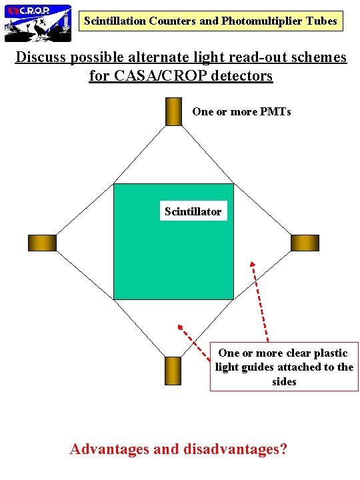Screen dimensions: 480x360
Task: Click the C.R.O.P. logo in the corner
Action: (x=38, y=22)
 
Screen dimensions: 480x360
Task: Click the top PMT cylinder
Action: (x=173, y=111)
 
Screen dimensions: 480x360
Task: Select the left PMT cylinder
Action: (x=42, y=243)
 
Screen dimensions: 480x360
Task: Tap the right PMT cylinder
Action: (x=305, y=243)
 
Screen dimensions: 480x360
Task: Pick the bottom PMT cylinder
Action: (x=173, y=371)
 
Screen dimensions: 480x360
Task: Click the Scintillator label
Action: (x=193, y=212)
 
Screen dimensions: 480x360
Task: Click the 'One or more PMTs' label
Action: (x=241, y=111)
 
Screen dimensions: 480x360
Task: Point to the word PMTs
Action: (x=277, y=111)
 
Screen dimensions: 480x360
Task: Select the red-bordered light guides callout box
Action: (x=284, y=367)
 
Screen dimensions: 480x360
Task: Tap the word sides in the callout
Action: (x=284, y=381)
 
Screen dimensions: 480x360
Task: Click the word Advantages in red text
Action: (x=109, y=449)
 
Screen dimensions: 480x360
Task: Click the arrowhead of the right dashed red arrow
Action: (x=252, y=262)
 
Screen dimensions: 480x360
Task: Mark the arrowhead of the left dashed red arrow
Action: (x=179, y=327)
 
